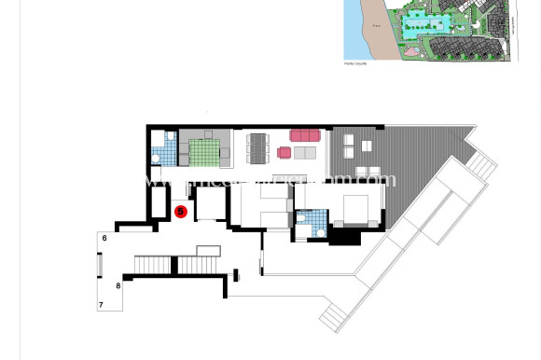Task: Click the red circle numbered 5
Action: pos(181,212)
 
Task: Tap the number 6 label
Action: pos(104,239)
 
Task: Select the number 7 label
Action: pos(100,305)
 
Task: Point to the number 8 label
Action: pos(118,285)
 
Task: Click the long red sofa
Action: pos(305,135)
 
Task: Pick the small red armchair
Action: pos(284,153)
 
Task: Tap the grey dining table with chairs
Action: pos(257,147)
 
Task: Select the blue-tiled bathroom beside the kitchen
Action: pos(164,147)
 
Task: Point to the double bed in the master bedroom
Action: pos(355,211)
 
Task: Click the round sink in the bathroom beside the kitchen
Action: pos(156,159)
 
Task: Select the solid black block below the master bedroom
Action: pos(345,237)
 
